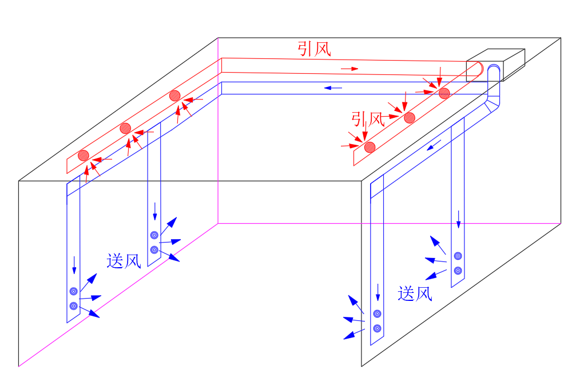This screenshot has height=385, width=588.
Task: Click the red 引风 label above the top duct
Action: tap(314, 49)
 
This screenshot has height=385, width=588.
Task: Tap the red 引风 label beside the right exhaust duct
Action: tap(368, 119)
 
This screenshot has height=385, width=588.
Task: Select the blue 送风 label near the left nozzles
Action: tap(124, 261)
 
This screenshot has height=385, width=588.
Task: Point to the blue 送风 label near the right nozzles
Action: tap(415, 293)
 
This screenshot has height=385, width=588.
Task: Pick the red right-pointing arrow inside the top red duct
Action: tap(349, 69)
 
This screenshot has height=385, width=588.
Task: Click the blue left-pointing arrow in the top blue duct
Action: tap(333, 88)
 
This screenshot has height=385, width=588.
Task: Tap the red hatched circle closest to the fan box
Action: tap(444, 93)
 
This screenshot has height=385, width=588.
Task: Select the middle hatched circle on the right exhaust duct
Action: tap(409, 118)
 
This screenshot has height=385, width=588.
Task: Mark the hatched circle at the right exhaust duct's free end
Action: tap(370, 146)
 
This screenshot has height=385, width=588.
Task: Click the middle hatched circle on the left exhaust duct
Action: tap(125, 128)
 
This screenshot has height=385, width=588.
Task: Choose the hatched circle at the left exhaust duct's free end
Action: tap(84, 154)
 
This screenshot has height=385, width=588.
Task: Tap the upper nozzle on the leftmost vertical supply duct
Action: tap(73, 291)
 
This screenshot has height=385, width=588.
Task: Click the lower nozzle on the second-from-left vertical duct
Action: tap(154, 250)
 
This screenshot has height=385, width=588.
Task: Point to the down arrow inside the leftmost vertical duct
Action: tap(74, 265)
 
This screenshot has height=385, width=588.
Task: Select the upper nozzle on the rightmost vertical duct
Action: tap(458, 256)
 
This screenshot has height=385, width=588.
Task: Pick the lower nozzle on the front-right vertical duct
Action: tap(377, 328)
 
